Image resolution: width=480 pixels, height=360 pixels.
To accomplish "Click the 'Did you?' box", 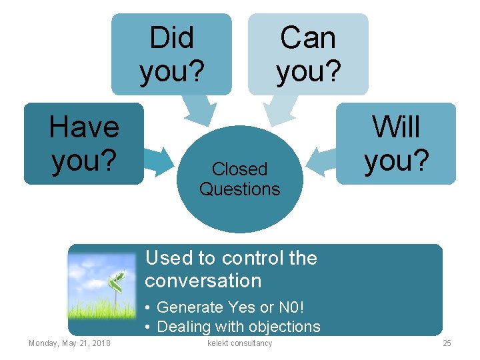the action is coord(171,54).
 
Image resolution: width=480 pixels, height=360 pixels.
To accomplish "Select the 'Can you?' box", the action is coord(308,54).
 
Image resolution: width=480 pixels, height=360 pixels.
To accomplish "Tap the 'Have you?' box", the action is coord(84,143).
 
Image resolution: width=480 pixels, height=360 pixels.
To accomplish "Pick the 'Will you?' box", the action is coord(396,143).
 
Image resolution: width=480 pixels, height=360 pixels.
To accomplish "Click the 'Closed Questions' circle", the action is coord(239,179).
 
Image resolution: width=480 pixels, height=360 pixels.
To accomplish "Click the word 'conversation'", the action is coord(203,281).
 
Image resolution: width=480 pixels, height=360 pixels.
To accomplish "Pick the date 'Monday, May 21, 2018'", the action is coord(69,343).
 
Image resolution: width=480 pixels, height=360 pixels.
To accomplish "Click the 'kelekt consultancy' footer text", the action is coord(240,343).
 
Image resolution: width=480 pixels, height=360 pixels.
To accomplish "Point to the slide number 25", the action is coord(447,343).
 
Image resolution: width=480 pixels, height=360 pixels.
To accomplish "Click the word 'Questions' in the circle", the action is coord(239,189).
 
